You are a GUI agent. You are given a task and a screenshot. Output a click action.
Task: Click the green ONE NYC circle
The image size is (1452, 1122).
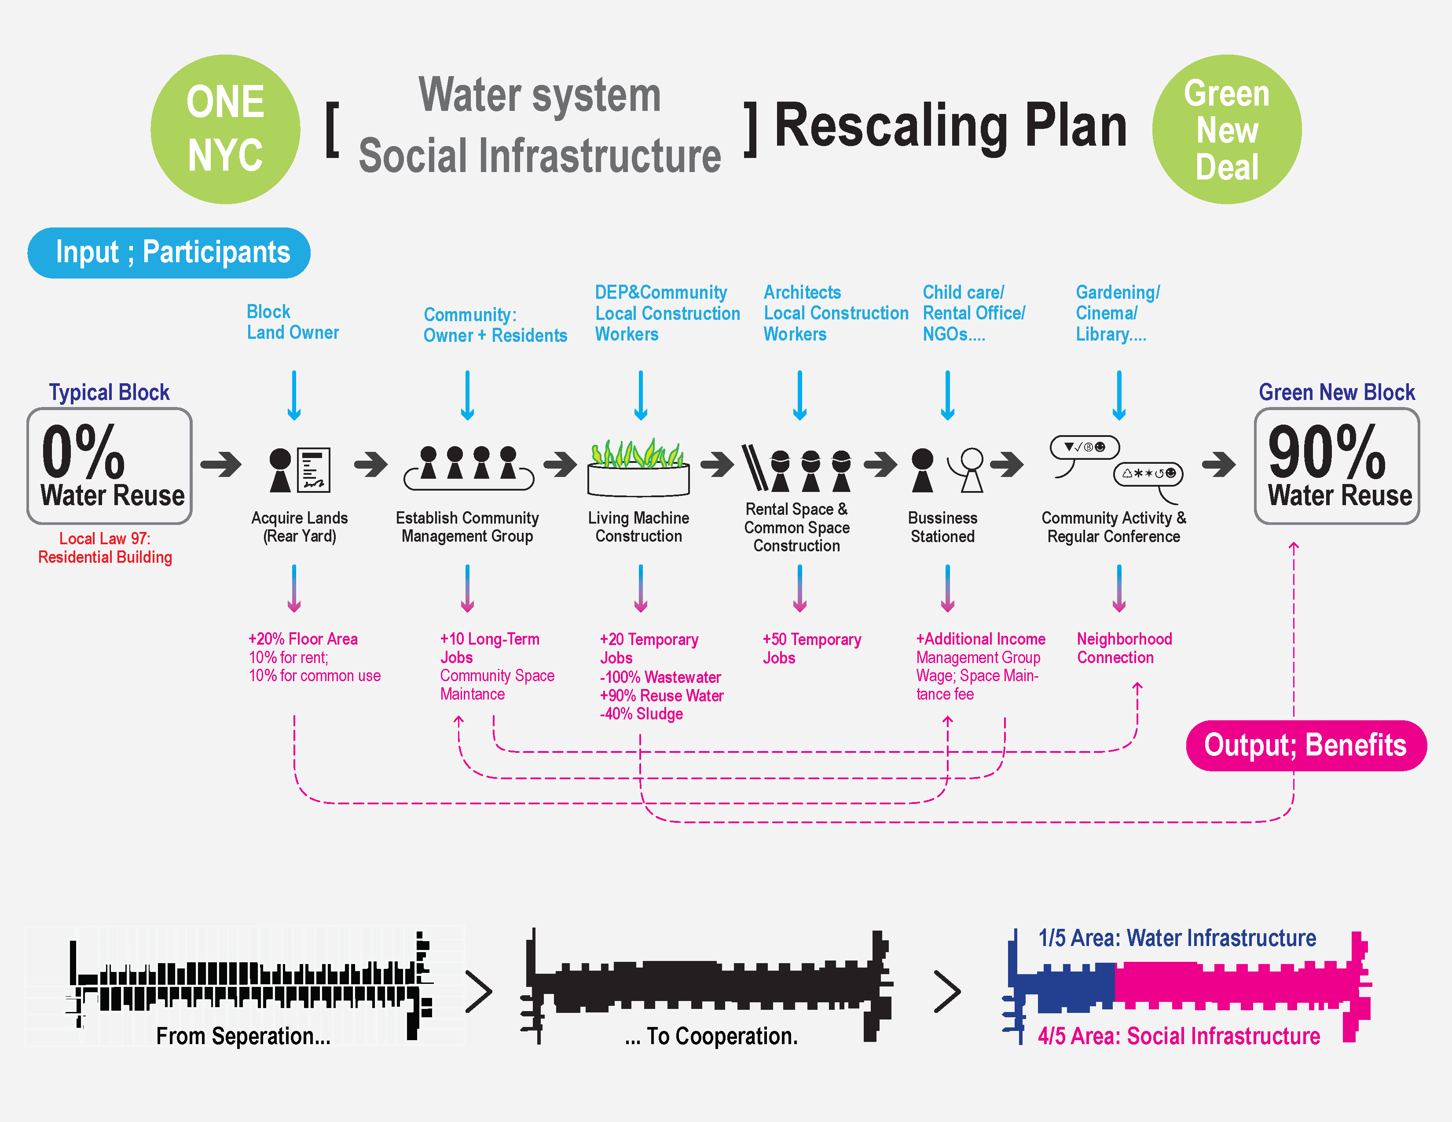tap(225, 129)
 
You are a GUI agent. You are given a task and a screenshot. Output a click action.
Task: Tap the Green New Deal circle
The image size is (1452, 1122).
tap(1227, 129)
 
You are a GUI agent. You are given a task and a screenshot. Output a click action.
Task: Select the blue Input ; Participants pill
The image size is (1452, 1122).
tap(169, 253)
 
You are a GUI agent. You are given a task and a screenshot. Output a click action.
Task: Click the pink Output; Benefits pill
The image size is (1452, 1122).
tap(1306, 745)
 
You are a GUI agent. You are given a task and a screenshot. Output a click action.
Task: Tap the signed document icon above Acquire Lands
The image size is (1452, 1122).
tap(314, 469)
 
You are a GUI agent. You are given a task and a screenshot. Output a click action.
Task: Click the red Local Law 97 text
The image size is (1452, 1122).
tap(105, 548)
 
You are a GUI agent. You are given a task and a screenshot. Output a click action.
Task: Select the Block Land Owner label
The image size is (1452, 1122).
tap(293, 323)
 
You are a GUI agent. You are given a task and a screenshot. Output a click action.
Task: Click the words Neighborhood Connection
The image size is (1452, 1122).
tap(1124, 648)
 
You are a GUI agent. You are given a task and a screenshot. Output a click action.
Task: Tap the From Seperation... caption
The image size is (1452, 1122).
tap(243, 1036)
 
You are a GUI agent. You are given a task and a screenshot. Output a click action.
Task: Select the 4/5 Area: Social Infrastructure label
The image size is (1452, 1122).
tap(1179, 1036)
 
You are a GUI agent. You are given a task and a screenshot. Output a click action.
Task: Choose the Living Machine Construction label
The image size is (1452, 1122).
tap(638, 527)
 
